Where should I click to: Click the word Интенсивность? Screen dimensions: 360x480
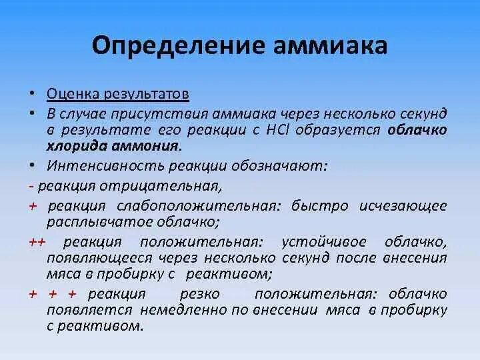click(98, 164)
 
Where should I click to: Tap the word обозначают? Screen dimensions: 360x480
click(283, 164)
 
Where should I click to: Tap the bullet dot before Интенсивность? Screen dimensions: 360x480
click(31, 164)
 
